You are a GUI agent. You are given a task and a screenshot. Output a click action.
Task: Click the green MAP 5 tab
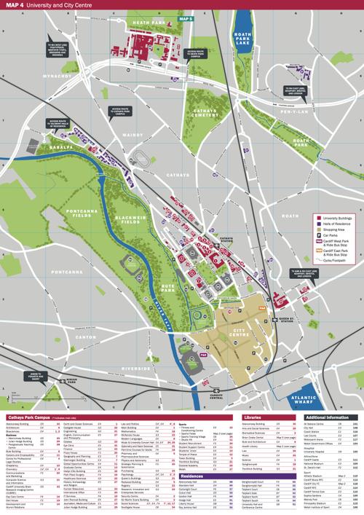point(187,17)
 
